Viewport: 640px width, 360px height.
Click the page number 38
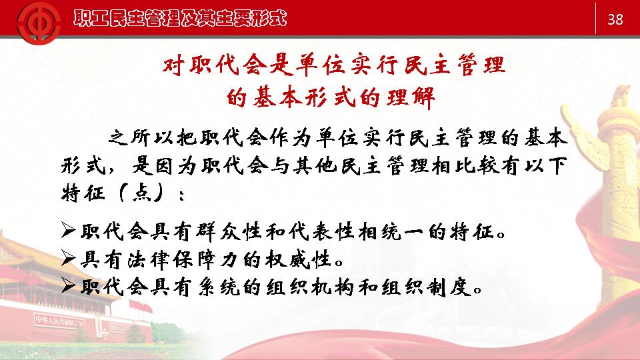point(615,19)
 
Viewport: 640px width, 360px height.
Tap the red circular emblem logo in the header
point(39,23)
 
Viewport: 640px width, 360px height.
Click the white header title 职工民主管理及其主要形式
point(180,19)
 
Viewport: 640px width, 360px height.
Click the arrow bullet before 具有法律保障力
point(68,259)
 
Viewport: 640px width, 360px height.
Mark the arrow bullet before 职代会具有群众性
point(68,231)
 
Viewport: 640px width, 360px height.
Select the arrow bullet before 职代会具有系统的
point(68,286)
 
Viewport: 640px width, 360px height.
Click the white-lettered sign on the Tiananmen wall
point(59,321)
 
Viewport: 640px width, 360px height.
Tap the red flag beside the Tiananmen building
point(141,306)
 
